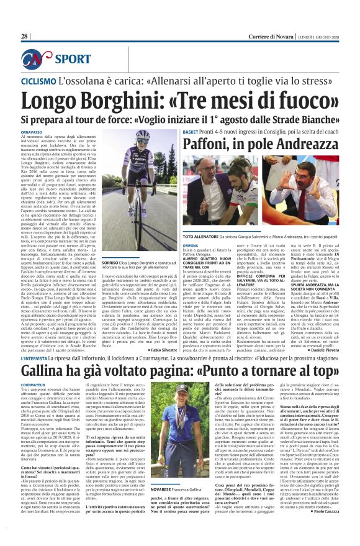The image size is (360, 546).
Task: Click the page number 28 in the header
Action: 25,37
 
